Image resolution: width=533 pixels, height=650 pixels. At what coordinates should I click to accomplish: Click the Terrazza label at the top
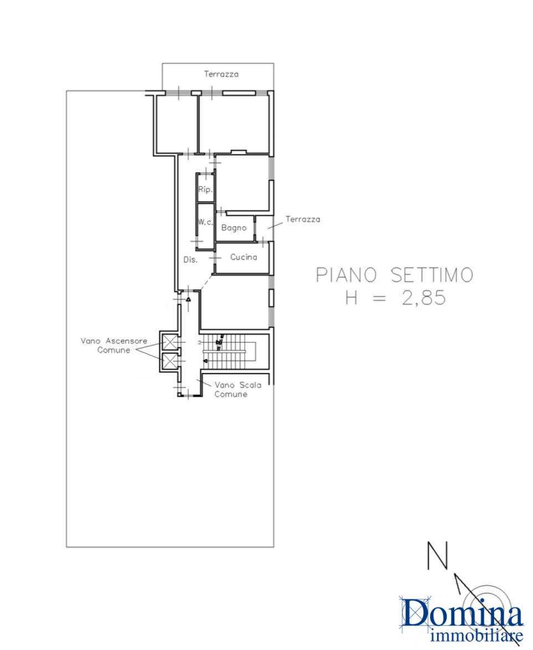click(x=221, y=74)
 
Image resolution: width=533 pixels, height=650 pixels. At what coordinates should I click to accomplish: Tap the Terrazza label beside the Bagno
click(x=303, y=219)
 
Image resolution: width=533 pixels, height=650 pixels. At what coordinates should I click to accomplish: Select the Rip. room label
click(x=206, y=190)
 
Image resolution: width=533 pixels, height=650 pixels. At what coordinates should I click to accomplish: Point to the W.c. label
click(x=205, y=222)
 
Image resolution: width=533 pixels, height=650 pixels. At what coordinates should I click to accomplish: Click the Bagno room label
click(x=234, y=228)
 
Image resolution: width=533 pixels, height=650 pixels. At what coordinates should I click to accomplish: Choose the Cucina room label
click(x=244, y=257)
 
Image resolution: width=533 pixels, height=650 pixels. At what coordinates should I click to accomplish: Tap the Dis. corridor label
click(x=191, y=260)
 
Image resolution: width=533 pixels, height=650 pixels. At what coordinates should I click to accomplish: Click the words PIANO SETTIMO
click(x=394, y=275)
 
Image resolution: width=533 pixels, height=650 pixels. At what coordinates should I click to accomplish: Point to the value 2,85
click(x=424, y=297)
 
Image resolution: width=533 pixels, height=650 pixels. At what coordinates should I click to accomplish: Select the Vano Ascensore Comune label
click(x=114, y=345)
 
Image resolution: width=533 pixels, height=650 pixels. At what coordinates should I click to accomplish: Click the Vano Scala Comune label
click(x=238, y=389)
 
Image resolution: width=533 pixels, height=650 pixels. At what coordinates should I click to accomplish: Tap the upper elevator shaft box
click(x=169, y=342)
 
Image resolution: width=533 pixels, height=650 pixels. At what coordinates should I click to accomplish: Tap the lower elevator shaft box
click(x=169, y=360)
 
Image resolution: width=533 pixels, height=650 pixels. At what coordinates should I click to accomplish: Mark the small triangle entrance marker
click(x=188, y=299)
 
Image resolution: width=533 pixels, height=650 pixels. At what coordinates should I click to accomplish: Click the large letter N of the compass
click(x=438, y=555)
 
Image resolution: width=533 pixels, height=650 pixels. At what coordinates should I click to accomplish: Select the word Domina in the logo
click(x=462, y=616)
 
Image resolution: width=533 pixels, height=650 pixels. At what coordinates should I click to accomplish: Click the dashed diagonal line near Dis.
click(x=207, y=282)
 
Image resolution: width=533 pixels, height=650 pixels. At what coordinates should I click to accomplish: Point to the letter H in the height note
click(x=352, y=297)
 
